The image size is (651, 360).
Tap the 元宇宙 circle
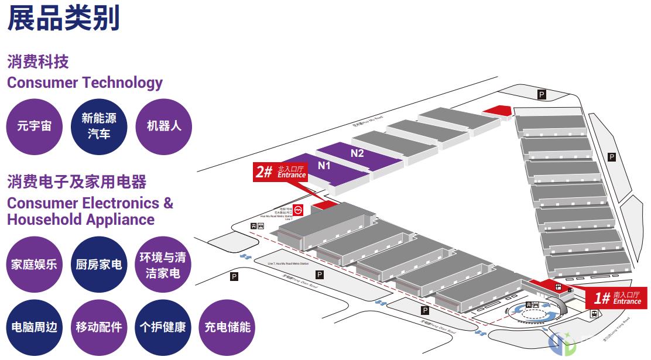[x=34, y=126]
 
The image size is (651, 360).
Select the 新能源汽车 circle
[x=99, y=126]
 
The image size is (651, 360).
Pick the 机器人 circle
[x=164, y=126]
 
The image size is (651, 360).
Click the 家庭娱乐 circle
[x=34, y=264]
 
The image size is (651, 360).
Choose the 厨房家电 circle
[x=99, y=264]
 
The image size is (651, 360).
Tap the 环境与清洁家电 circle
[x=163, y=264]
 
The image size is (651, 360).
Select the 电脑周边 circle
[x=34, y=327]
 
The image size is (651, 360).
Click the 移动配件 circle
[x=99, y=327]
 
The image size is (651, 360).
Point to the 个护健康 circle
[x=163, y=327]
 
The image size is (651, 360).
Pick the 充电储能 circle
[x=227, y=327]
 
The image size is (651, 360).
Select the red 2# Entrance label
[x=281, y=172]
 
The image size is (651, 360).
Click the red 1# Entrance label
[x=617, y=298]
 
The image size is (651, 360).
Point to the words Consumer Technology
[x=85, y=83]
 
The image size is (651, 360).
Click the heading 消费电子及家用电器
[x=77, y=182]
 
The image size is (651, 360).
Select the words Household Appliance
[x=81, y=220]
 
